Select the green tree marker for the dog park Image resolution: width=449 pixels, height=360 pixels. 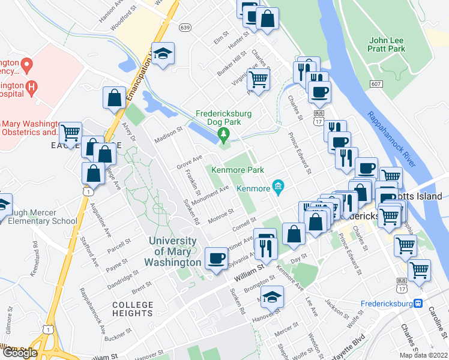pos(224,133)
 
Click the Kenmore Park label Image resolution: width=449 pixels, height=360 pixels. pos(238,170)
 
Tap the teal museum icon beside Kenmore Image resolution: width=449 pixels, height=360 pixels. pos(278,188)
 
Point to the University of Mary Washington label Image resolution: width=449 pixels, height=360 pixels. pos(173,251)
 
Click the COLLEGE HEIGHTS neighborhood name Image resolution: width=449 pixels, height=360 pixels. pos(133,309)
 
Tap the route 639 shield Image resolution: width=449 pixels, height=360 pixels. pos(185,27)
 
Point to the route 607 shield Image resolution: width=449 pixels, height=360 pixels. pos(376,85)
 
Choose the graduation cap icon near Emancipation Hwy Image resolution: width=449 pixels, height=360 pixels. pos(163,53)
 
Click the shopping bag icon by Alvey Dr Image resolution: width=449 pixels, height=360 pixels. pos(114,98)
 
